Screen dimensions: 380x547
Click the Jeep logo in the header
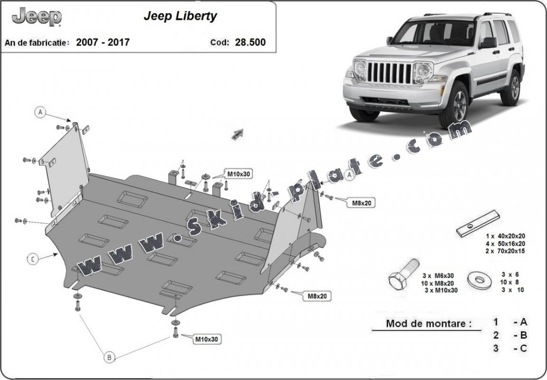(37, 17)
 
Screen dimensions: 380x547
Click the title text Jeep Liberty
(180, 16)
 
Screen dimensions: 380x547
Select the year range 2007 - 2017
(103, 42)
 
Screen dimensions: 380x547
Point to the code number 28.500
(250, 42)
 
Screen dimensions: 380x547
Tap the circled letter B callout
(109, 357)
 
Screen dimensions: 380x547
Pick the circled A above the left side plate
(41, 112)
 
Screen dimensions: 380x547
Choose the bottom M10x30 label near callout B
(206, 339)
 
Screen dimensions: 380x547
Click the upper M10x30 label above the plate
(238, 174)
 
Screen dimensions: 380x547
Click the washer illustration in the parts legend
(479, 279)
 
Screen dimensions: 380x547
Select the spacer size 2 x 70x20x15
(505, 251)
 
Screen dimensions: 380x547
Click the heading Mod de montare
(429, 324)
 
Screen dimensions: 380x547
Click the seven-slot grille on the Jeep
(389, 73)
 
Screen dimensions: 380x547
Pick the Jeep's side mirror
(488, 43)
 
